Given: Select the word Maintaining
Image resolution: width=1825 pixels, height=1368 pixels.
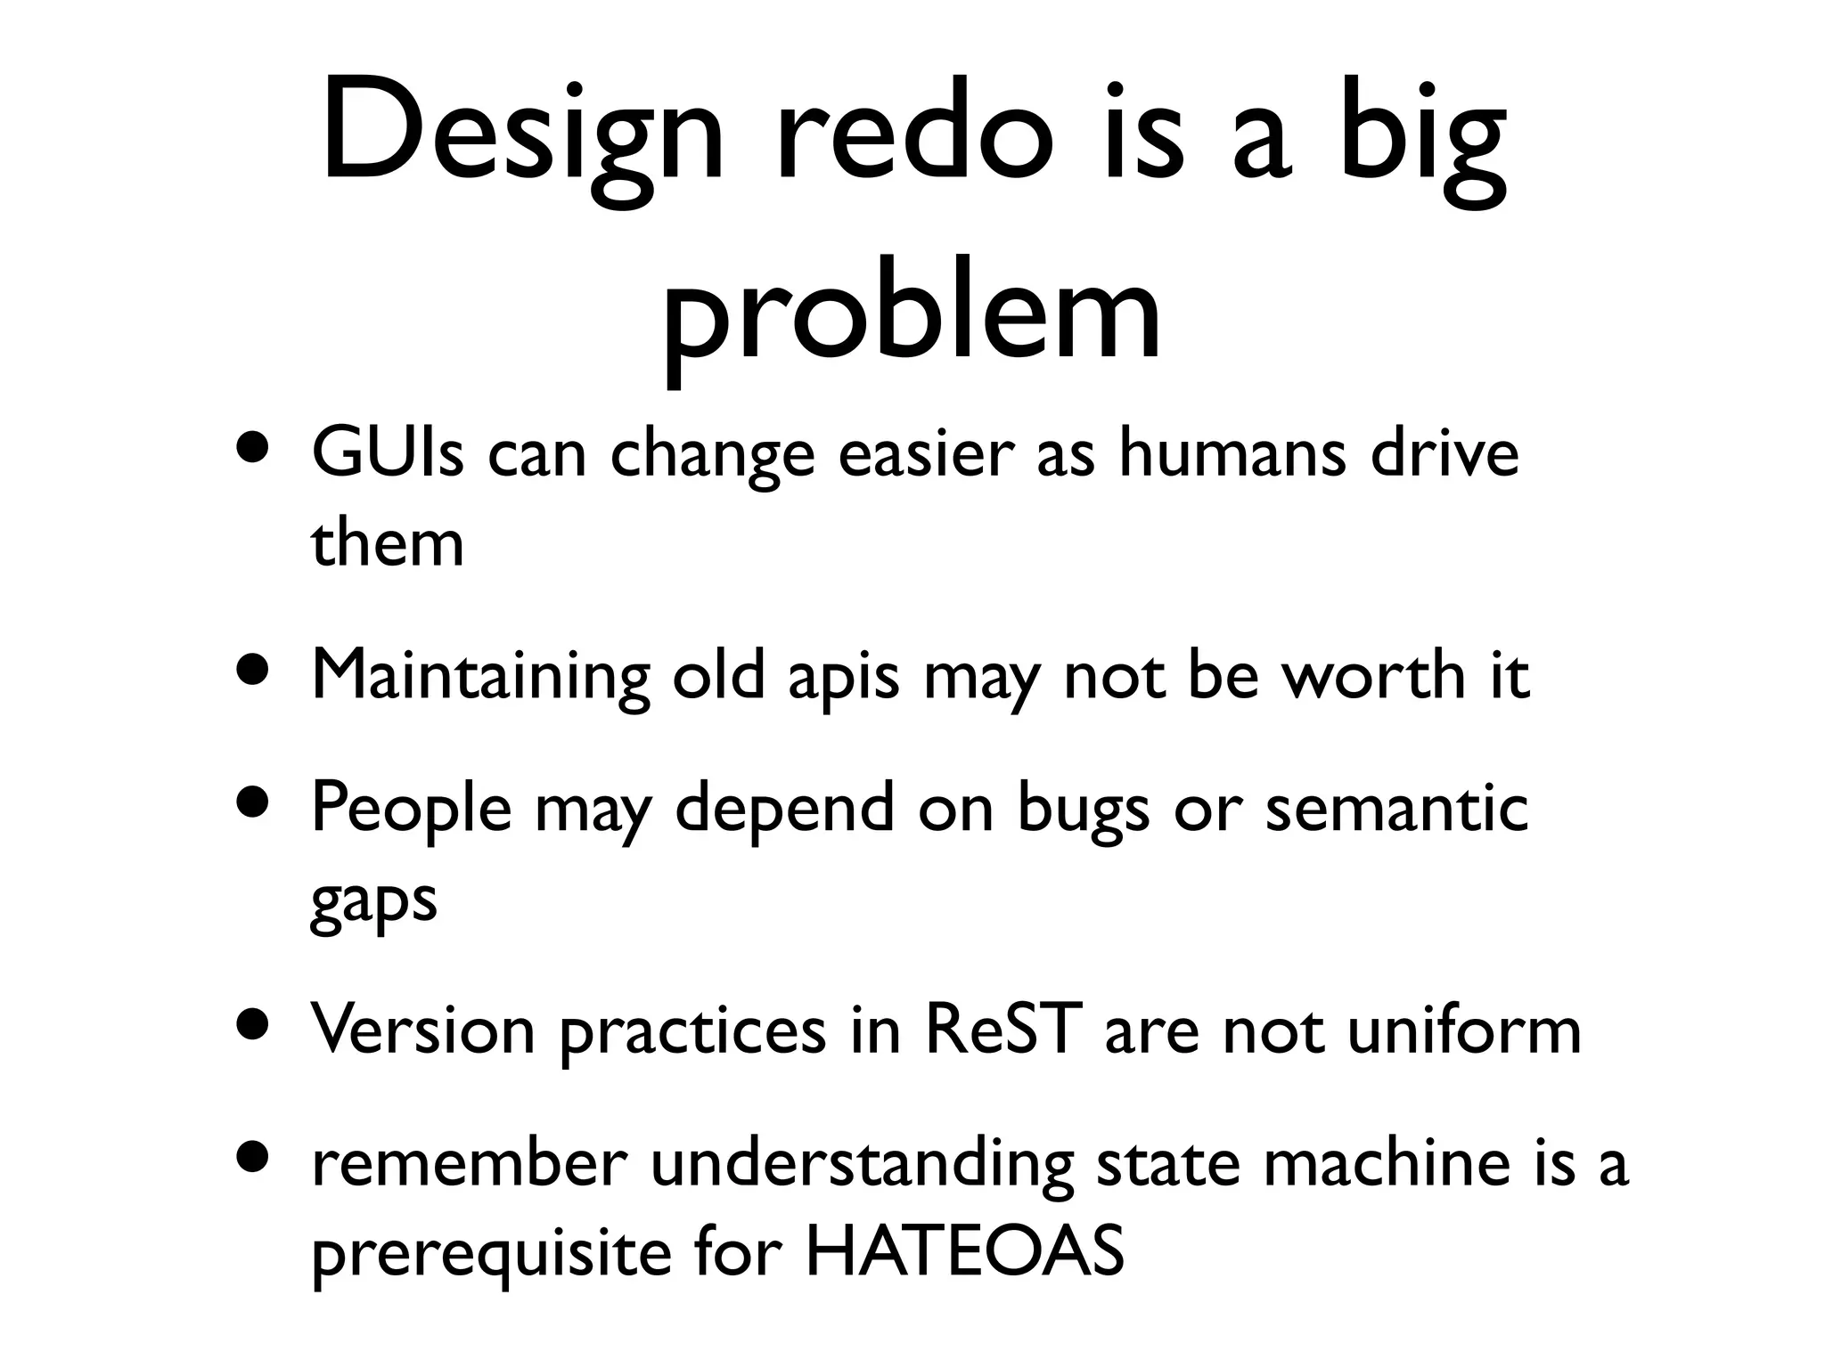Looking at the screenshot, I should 480,677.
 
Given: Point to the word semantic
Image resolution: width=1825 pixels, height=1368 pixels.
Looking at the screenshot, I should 1396,807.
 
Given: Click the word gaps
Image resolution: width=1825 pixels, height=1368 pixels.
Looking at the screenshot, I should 373,901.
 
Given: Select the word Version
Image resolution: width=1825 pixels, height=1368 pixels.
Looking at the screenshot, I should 423,1029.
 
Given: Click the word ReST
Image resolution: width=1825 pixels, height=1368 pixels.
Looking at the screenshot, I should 1003,1029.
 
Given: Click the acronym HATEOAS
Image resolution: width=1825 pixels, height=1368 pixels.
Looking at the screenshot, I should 964,1251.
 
